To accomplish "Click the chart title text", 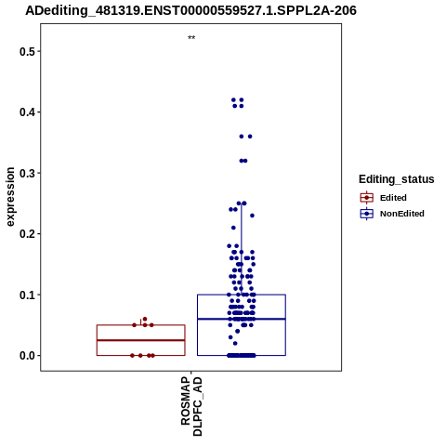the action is (x=190, y=10).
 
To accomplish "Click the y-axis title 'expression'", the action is (x=10, y=197).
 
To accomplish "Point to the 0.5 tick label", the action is (x=27, y=51).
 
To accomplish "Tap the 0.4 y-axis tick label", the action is (x=27, y=112).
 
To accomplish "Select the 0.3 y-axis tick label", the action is (x=27, y=173).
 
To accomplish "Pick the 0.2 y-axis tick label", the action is (x=27, y=234).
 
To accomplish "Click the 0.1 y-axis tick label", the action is (x=27, y=295).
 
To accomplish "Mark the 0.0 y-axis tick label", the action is (x=27, y=356).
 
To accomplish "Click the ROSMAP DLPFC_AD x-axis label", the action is (x=191, y=406).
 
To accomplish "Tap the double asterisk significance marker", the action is (x=191, y=38).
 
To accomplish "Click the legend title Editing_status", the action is (x=397, y=179).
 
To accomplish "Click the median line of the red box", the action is (x=141, y=340).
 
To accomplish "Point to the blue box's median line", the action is (x=242, y=319).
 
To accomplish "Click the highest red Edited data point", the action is (x=145, y=319).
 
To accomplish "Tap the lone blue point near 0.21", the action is (x=233, y=228).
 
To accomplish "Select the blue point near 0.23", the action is (x=252, y=216).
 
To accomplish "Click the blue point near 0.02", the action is (x=235, y=343).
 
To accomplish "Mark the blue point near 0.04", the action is (x=238, y=331).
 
